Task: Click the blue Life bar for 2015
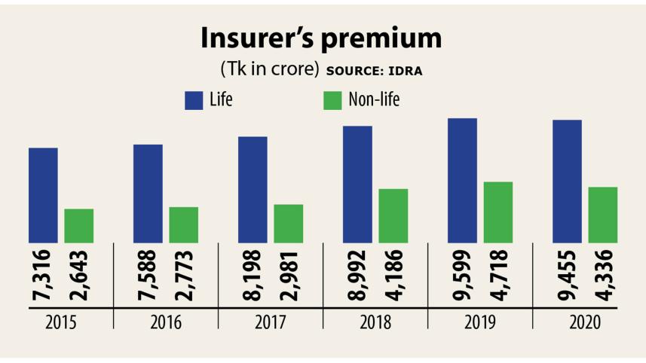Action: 43,195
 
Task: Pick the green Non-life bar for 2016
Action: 183,224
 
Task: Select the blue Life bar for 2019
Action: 462,181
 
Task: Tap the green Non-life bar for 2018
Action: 393,215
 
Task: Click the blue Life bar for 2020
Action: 567,181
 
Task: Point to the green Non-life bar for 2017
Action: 288,224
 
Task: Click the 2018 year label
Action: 375,323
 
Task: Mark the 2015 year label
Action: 60,323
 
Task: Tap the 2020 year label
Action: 585,323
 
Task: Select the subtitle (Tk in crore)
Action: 268,69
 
